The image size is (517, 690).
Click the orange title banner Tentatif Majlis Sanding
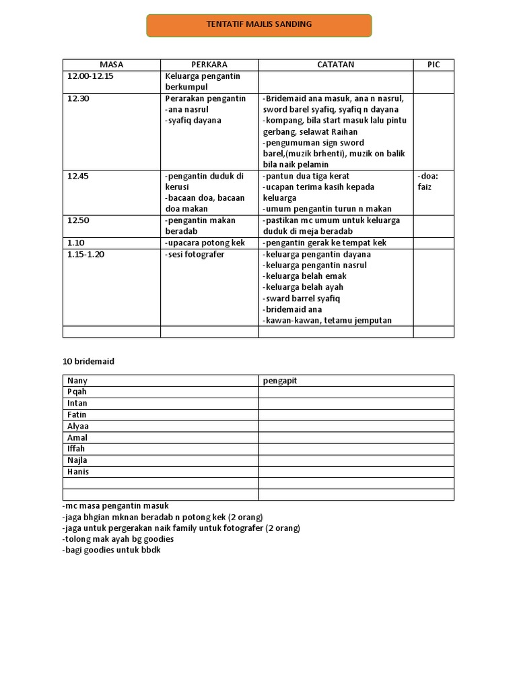tap(258, 25)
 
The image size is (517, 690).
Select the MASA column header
tap(111, 65)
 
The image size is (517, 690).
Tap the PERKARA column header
tap(209, 65)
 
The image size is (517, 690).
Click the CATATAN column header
tap(335, 65)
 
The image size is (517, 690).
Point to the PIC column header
tap(434, 65)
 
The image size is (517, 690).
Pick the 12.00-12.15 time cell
tap(90, 76)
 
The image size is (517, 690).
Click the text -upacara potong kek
tap(205, 243)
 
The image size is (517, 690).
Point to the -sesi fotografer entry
tap(195, 254)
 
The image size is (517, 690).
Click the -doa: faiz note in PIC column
tap(427, 181)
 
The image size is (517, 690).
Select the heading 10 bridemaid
tap(88, 361)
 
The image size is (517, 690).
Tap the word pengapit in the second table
tap(279, 381)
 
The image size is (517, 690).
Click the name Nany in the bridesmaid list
tap(77, 381)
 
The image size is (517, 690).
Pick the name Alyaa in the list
tap(78, 427)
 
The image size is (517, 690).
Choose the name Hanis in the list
tap(78, 472)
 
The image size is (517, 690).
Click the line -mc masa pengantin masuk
tap(115, 505)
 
